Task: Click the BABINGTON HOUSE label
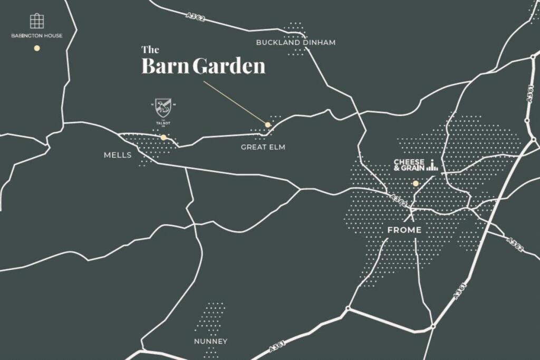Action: click(37, 36)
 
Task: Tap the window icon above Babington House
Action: click(36, 21)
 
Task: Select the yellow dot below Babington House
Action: click(37, 48)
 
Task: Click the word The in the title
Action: click(150, 50)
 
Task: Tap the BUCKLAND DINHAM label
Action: click(295, 42)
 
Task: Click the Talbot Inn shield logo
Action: click(163, 108)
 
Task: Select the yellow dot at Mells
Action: click(163, 138)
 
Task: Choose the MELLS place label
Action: click(118, 155)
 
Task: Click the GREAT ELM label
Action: click(263, 147)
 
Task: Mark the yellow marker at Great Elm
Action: click(268, 125)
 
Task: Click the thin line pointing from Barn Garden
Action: click(235, 102)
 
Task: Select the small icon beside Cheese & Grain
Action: click(432, 165)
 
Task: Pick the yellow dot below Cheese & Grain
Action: click(416, 183)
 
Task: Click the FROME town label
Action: click(404, 230)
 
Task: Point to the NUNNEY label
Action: click(210, 341)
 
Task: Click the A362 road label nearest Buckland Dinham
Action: click(196, 18)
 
